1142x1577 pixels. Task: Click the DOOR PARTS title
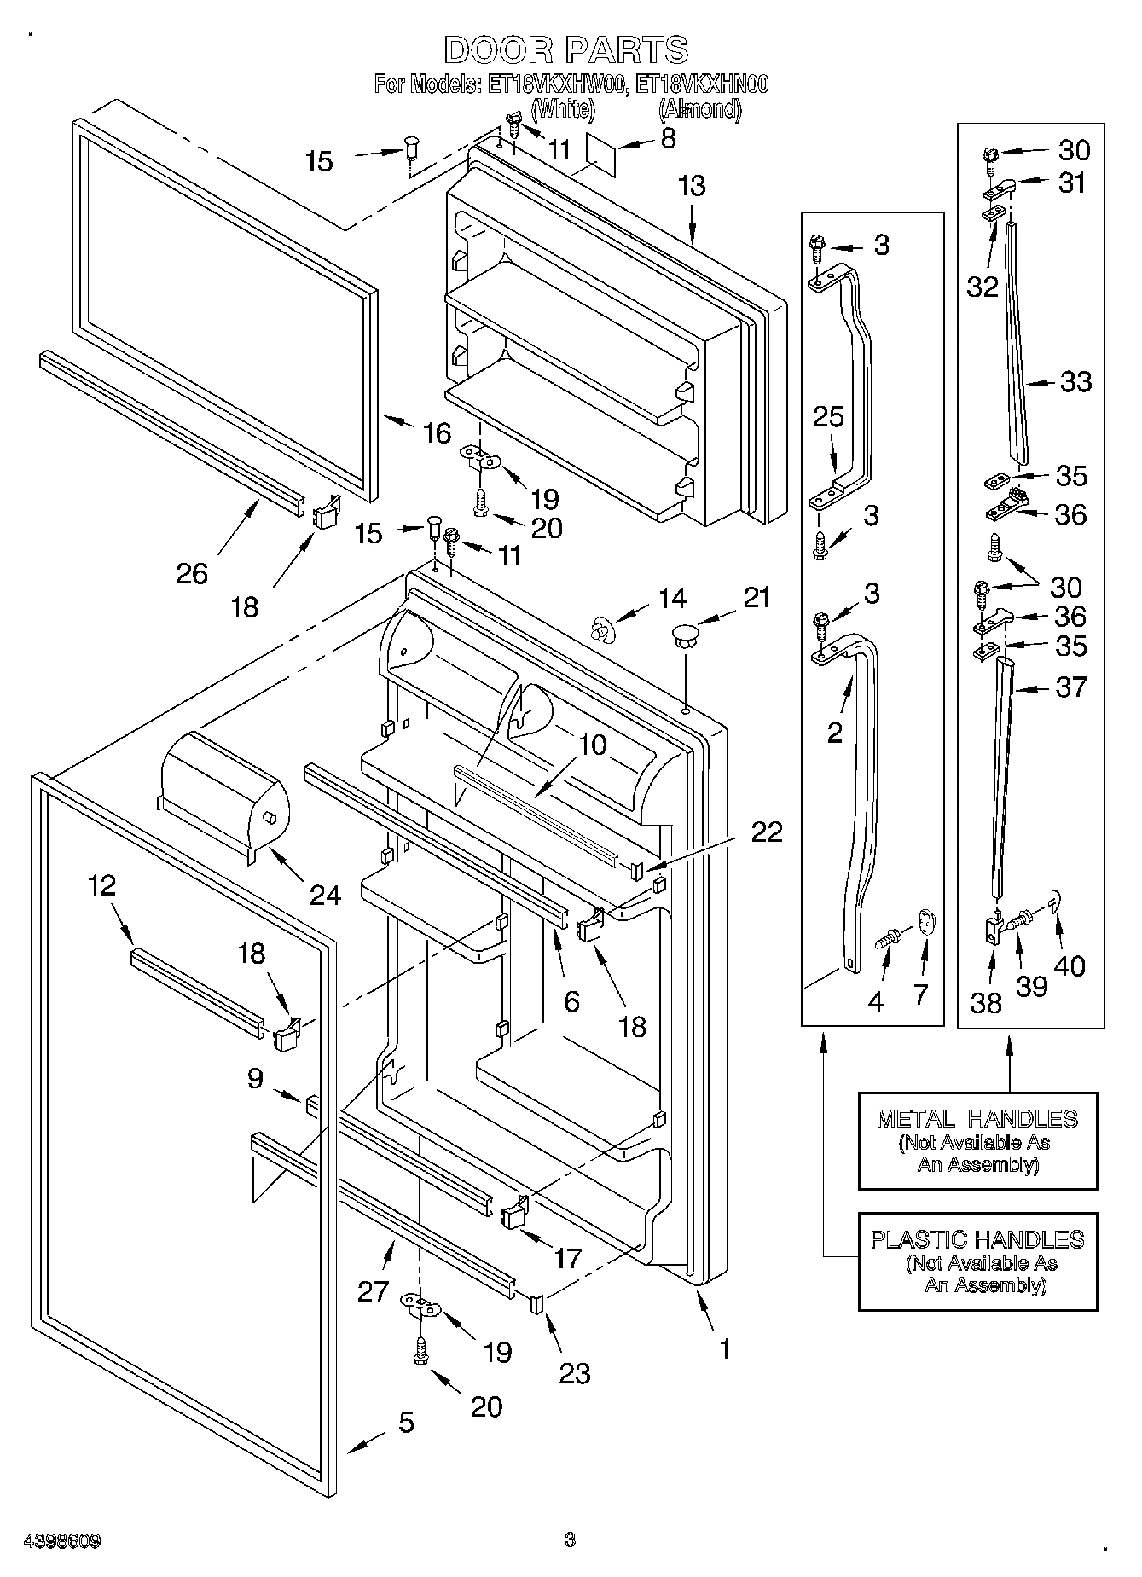pyautogui.click(x=566, y=50)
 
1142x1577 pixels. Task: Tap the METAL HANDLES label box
pyautogui.click(x=977, y=1141)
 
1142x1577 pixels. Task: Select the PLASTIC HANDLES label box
pyautogui.click(x=977, y=1261)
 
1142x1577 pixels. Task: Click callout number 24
pyautogui.click(x=325, y=895)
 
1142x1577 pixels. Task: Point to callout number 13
pyautogui.click(x=692, y=185)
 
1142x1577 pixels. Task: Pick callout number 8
pyautogui.click(x=668, y=138)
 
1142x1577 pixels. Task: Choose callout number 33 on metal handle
pyautogui.click(x=1075, y=381)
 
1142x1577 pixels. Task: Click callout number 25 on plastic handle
pyautogui.click(x=828, y=416)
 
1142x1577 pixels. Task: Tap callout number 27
pyautogui.click(x=374, y=1291)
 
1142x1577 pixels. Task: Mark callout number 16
pyautogui.click(x=438, y=433)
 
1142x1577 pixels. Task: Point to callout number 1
pyautogui.click(x=724, y=1348)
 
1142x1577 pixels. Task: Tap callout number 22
pyautogui.click(x=766, y=832)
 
